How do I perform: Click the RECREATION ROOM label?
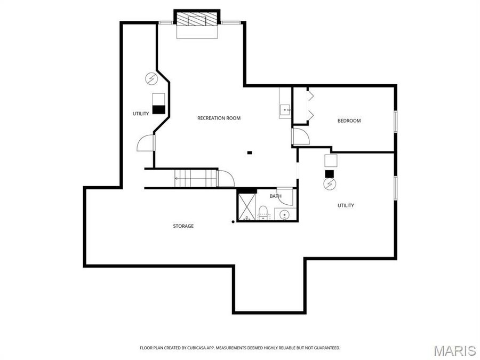pyautogui.click(x=219, y=118)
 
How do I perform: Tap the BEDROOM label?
pyautogui.click(x=349, y=121)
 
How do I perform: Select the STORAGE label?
pyautogui.click(x=183, y=226)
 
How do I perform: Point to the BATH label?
pyautogui.click(x=275, y=196)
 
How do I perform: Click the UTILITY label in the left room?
pyautogui.click(x=141, y=114)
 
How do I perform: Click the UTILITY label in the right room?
pyautogui.click(x=346, y=205)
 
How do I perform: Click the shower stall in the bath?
pyautogui.click(x=247, y=207)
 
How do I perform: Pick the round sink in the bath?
pyautogui.click(x=285, y=215)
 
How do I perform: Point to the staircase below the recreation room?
pyautogui.click(x=196, y=177)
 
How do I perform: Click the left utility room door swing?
pyautogui.click(x=146, y=143)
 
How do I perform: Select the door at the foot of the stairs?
pyautogui.click(x=226, y=178)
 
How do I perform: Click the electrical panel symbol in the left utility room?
pyautogui.click(x=151, y=79)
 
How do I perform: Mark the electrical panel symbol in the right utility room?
pyautogui.click(x=330, y=185)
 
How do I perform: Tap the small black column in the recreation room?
pyautogui.click(x=249, y=153)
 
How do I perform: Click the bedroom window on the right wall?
pyautogui.click(x=395, y=121)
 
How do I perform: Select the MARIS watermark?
pyautogui.click(x=454, y=350)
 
